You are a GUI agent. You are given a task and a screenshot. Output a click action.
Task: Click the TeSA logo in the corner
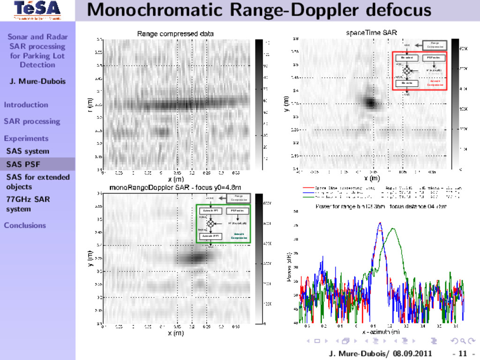(x=37, y=10)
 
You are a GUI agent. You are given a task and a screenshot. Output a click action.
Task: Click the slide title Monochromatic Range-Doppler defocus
(x=259, y=9)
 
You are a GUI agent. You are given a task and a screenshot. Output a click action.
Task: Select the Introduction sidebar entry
(x=26, y=105)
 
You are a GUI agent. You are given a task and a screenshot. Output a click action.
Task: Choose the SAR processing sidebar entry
(x=32, y=121)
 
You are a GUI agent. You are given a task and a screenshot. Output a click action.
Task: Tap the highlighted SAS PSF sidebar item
(x=23, y=164)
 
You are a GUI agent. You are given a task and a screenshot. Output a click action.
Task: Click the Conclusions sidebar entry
(x=25, y=225)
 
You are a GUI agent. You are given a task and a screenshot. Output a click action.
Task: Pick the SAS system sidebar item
(x=28, y=151)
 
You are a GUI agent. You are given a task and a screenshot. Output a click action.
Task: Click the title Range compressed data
(x=175, y=34)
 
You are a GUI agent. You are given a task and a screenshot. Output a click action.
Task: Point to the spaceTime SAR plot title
(x=371, y=33)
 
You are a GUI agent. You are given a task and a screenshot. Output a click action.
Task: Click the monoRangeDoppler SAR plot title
(x=178, y=187)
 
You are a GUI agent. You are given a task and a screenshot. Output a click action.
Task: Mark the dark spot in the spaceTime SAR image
(x=371, y=102)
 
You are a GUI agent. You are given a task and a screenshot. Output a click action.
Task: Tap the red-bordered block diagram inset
(x=420, y=70)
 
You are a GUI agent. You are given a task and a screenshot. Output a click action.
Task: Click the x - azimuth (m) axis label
(x=381, y=332)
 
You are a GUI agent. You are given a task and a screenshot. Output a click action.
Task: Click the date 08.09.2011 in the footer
(x=413, y=353)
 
